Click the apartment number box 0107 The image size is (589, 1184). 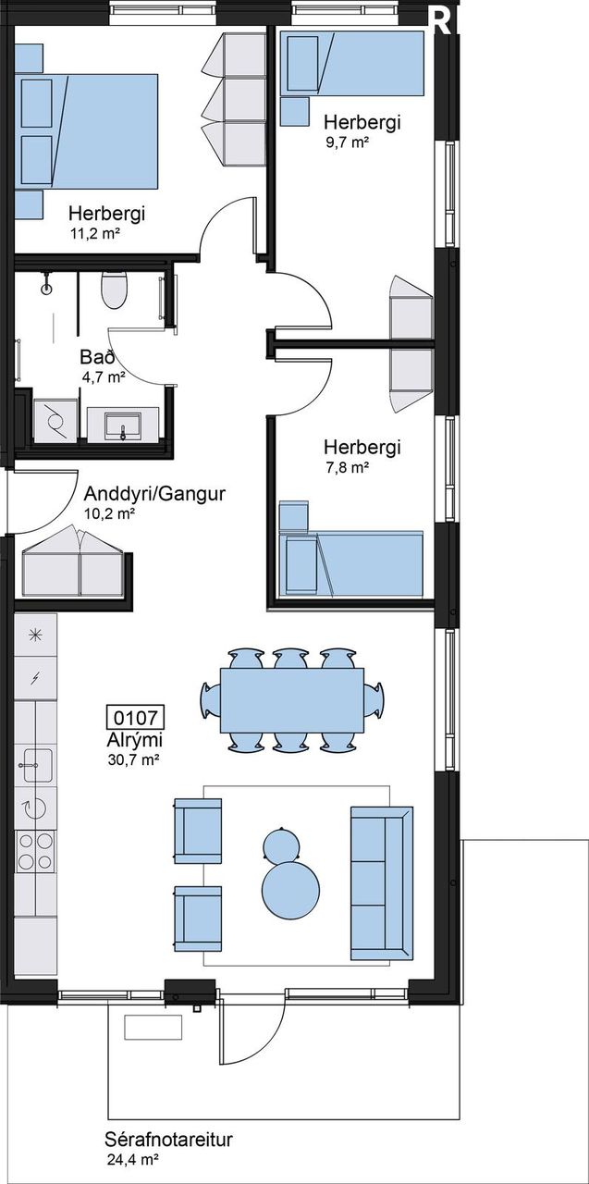click(136, 717)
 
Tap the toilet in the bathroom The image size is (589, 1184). click(114, 290)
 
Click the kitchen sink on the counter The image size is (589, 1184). click(35, 765)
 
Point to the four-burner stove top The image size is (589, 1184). click(35, 850)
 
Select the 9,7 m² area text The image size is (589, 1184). click(347, 142)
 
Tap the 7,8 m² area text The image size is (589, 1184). click(347, 467)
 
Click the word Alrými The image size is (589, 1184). click(134, 741)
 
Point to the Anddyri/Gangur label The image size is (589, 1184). click(154, 494)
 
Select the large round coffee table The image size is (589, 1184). click(291, 891)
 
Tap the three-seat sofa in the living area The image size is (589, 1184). click(382, 882)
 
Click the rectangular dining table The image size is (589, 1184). click(292, 700)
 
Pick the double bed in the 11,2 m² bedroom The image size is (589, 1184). click(86, 131)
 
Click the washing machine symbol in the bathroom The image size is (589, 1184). click(55, 420)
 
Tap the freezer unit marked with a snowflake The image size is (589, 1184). click(35, 635)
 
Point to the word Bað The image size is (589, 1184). click(98, 357)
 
